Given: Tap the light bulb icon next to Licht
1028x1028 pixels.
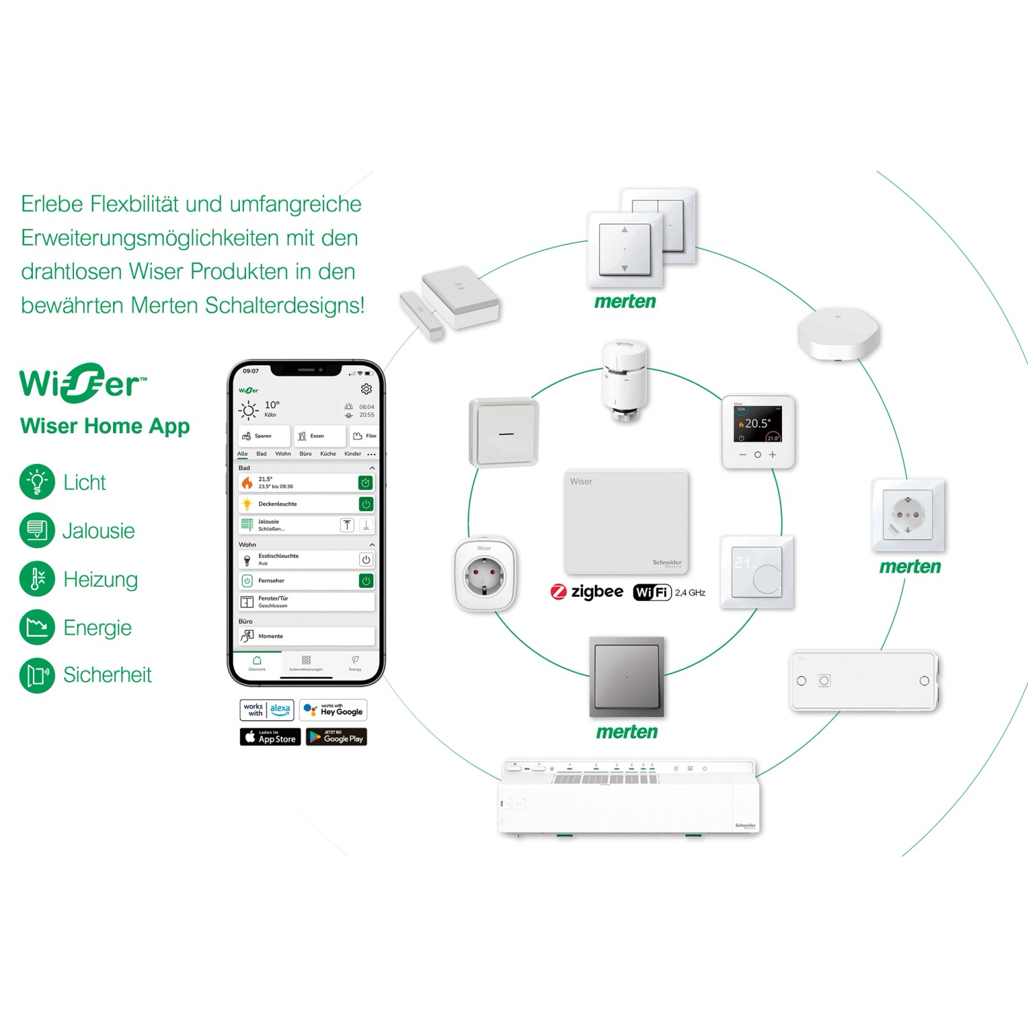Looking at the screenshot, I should point(37,482).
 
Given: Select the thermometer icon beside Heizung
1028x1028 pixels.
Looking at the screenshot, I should point(37,579).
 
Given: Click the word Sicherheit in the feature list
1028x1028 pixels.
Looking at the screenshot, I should point(107,675).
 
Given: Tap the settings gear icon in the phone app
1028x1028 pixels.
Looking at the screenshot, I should point(366,389).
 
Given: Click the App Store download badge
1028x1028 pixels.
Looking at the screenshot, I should point(270,737).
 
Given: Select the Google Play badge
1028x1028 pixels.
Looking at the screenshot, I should point(336,737).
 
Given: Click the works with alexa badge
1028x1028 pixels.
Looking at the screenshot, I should point(267,710).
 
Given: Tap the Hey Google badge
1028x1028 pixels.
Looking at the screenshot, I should point(333,710).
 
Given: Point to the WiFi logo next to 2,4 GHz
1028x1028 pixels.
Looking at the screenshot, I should point(651,592).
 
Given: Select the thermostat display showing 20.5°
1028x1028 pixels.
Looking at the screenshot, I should point(757,432).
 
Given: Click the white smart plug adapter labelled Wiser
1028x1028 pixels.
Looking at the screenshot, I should point(484,575).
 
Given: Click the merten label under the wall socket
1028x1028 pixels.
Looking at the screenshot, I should point(909,567).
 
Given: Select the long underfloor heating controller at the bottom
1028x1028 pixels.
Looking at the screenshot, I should point(629,798).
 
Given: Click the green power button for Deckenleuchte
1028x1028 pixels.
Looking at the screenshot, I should point(366,504).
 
